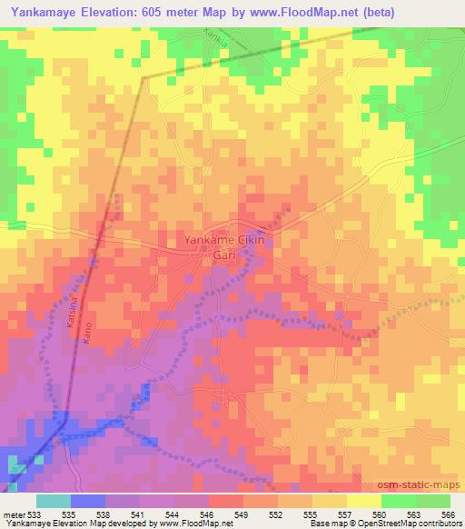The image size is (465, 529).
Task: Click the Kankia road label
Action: tap(216, 42)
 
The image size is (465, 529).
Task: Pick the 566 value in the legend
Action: tap(448, 514)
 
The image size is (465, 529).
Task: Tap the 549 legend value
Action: tap(242, 514)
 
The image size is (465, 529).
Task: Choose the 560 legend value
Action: tap(380, 514)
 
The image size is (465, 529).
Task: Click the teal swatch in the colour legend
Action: tap(54, 501)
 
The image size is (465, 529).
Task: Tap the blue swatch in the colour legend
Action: tap(88, 501)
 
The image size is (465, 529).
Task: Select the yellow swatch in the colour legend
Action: tap(363, 501)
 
